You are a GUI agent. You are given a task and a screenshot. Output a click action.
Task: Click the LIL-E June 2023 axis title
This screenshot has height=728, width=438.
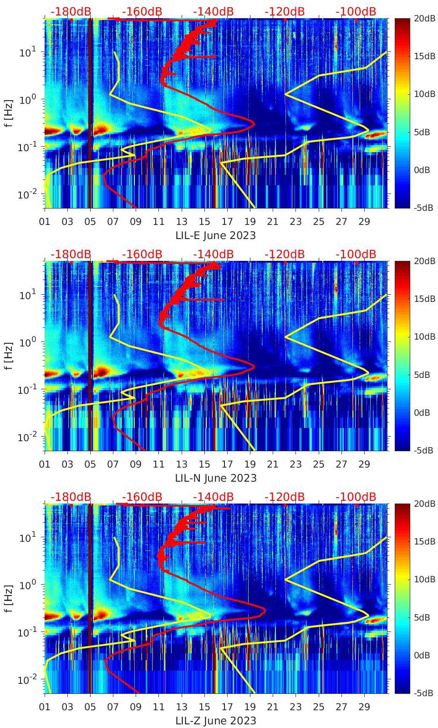[215, 235]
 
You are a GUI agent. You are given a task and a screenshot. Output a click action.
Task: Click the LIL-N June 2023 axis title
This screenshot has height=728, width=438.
[215, 478]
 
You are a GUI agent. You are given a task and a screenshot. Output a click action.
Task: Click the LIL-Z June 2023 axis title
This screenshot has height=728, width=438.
[215, 721]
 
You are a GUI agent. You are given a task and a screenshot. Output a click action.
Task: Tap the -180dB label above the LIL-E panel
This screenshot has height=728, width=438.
[71, 11]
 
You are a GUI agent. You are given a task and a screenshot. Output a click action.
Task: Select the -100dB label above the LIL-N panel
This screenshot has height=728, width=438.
[356, 254]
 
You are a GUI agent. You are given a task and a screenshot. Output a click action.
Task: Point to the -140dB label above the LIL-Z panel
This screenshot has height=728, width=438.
[213, 497]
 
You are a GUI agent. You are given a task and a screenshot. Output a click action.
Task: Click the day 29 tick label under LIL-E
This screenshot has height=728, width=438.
[364, 222]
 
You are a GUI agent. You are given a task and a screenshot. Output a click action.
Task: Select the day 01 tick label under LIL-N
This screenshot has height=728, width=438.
[45, 464]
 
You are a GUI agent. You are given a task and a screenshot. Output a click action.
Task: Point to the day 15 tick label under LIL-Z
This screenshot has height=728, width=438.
[204, 707]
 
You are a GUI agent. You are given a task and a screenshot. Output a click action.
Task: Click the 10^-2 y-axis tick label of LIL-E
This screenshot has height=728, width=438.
[27, 194]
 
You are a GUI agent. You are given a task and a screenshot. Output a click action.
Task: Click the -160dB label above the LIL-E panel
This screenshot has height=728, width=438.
[142, 11]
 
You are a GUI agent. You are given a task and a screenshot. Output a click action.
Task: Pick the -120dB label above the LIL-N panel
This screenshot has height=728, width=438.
[284, 254]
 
